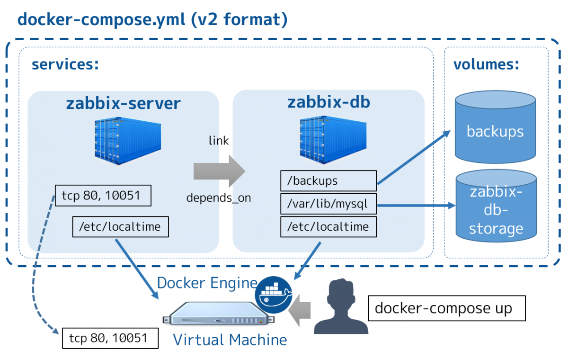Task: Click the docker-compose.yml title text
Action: (x=152, y=20)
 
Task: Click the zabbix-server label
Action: (x=123, y=103)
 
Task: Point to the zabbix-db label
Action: (x=329, y=102)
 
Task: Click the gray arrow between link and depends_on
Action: (x=219, y=171)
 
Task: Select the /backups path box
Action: (x=328, y=180)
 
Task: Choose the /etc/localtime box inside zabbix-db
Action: (x=328, y=227)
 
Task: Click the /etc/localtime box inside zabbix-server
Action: (x=120, y=226)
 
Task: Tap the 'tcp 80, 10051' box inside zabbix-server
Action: (x=103, y=195)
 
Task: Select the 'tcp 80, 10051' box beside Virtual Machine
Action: (x=110, y=338)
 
